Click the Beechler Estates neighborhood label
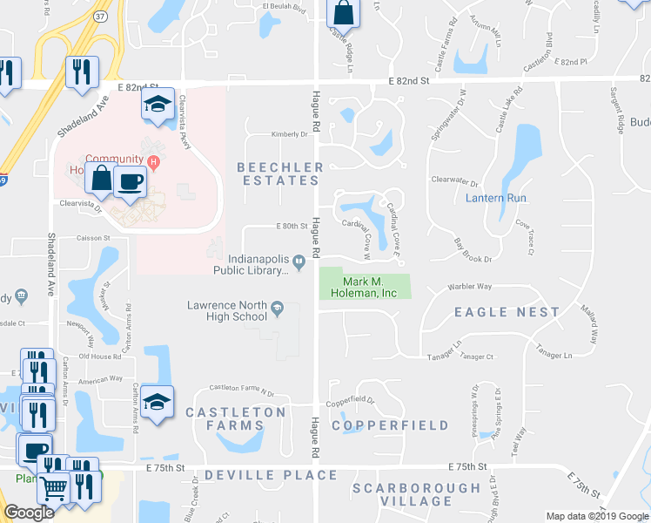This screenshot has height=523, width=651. tap(279, 173)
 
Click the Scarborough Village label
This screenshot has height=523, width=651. tap(416, 494)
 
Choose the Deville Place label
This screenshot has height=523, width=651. tap(271, 475)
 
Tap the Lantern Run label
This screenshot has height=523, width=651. tap(496, 198)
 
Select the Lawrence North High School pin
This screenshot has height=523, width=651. tap(277, 306)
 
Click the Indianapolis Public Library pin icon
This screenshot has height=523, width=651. tap(299, 259)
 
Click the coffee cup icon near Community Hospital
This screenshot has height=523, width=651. tap(130, 180)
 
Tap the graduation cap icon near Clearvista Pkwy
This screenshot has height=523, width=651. tap(158, 104)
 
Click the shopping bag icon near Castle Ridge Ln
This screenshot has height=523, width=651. tap(345, 13)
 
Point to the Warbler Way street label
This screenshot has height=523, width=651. tap(470, 286)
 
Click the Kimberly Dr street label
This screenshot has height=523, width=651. tap(290, 134)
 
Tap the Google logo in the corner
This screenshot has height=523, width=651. tap(29, 513)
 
